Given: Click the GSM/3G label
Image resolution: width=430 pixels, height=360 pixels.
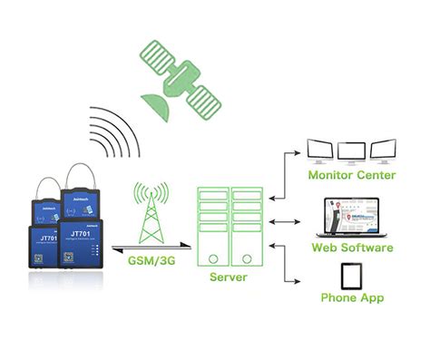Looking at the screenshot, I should pyautogui.click(x=150, y=263).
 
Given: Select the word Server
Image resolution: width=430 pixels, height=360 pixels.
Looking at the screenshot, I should pyautogui.click(x=228, y=277).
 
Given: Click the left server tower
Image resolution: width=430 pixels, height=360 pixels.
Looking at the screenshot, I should pyautogui.click(x=213, y=226).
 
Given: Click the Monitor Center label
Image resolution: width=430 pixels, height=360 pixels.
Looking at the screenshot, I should pyautogui.click(x=351, y=175).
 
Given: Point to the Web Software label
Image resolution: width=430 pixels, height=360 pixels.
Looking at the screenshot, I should pyautogui.click(x=352, y=248).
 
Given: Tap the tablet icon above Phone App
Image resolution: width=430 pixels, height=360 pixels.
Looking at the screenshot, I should pyautogui.click(x=352, y=275).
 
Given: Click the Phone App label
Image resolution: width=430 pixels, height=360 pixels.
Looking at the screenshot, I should pyautogui.click(x=352, y=298).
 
